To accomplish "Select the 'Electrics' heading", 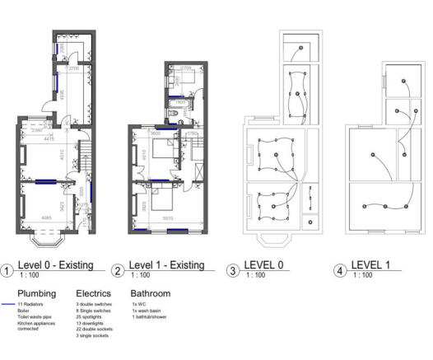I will (93, 292).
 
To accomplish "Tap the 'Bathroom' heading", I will (150, 292).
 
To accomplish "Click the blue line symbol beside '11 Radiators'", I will (8, 304).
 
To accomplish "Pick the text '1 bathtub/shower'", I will (147, 317).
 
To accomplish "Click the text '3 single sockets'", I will (92, 336).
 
